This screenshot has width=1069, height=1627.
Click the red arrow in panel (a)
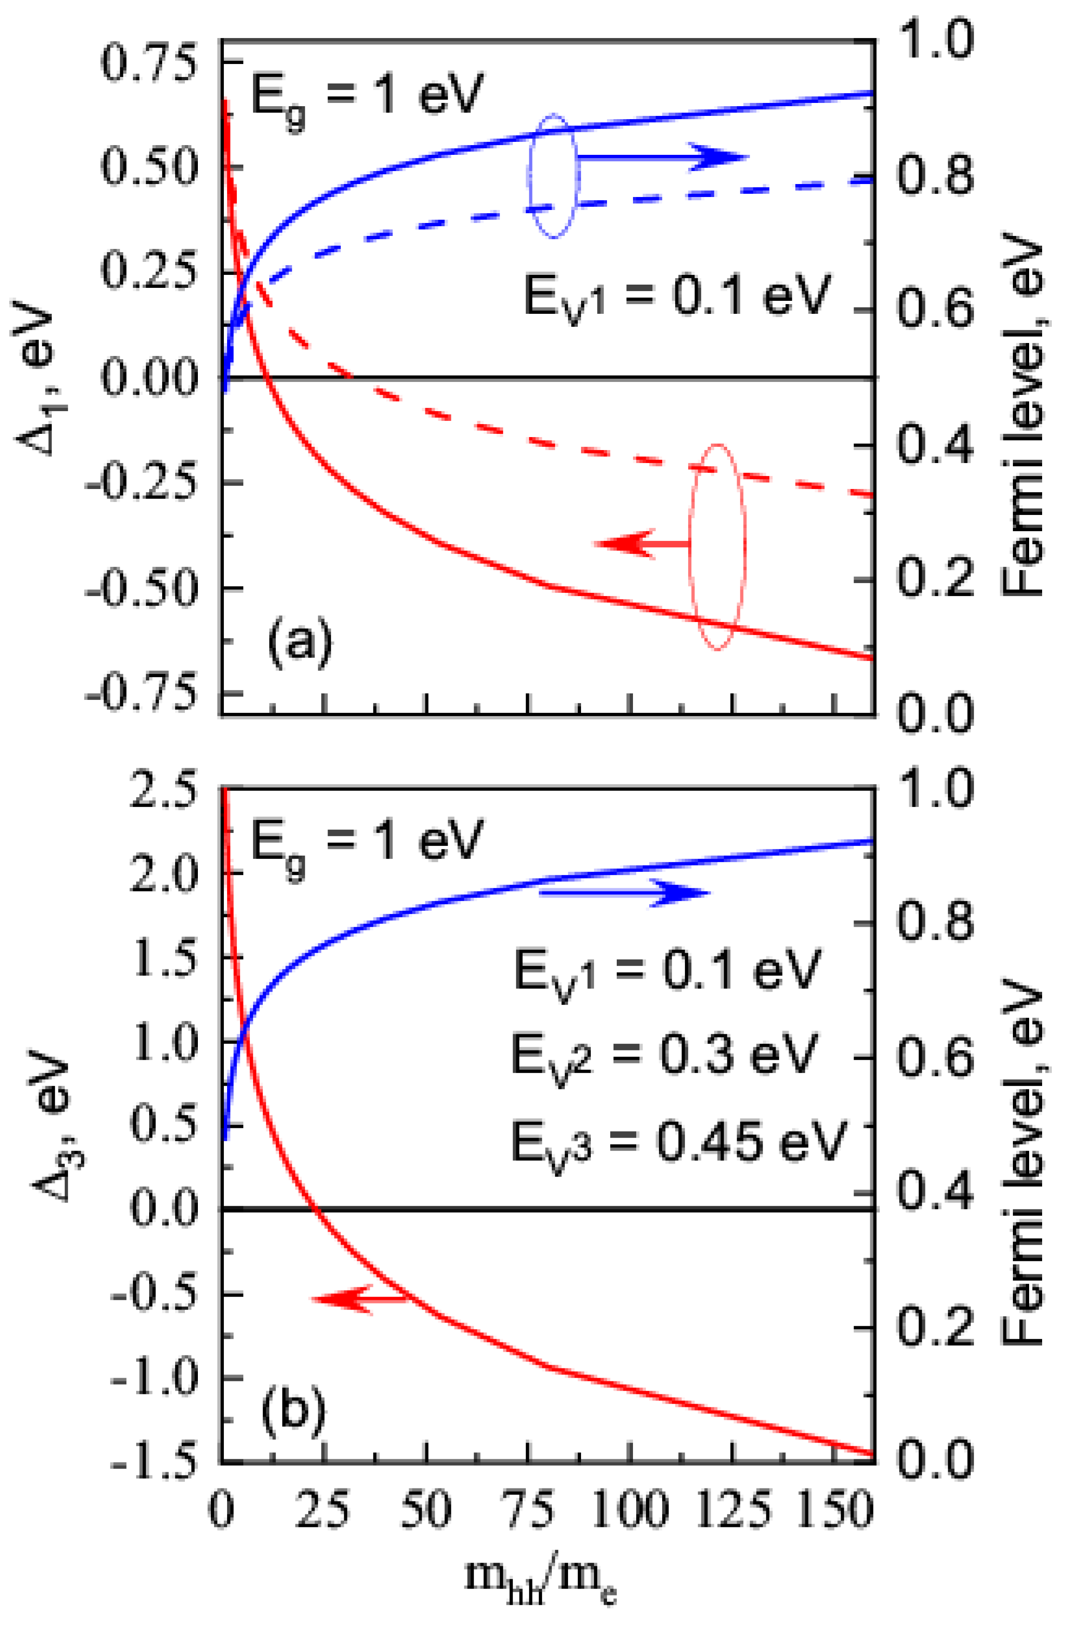tap(643, 543)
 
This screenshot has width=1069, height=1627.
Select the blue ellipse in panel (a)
tap(554, 176)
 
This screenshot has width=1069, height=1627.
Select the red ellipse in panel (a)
tap(716, 547)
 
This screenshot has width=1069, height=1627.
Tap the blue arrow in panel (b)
tap(623, 893)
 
